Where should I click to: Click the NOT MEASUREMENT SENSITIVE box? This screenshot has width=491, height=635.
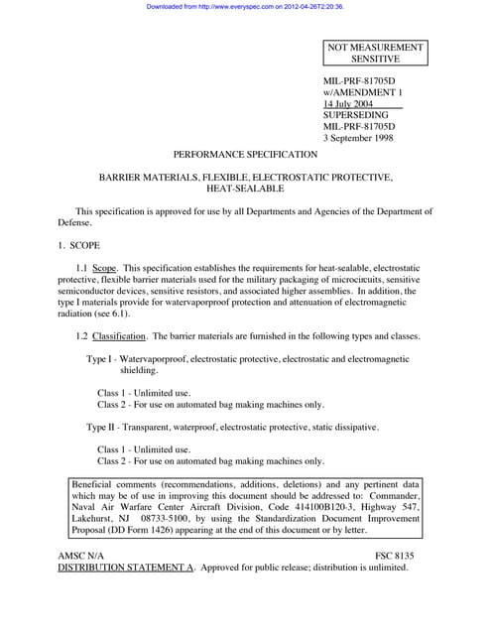[377, 54]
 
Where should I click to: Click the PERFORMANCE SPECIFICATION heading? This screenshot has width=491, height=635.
[245, 155]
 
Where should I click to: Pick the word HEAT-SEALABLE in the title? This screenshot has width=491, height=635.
[245, 188]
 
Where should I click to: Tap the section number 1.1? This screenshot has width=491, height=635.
[83, 268]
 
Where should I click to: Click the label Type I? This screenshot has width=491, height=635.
[99, 358]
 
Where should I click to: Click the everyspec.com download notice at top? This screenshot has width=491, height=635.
[244, 6]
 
